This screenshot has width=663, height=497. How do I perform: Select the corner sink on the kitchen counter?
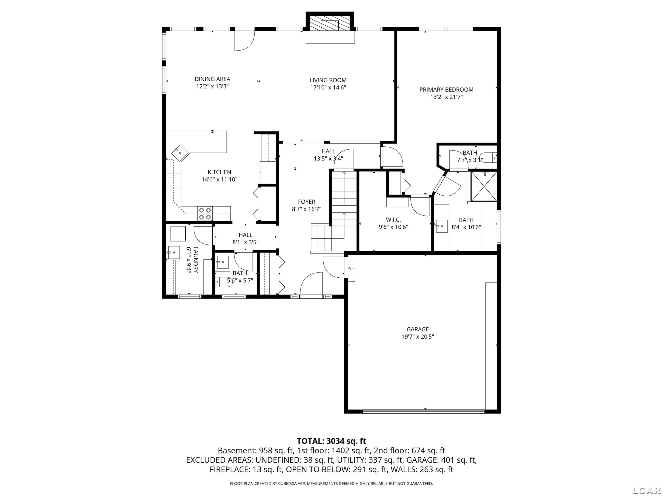pos(179,153)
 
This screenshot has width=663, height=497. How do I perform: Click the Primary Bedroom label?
pos(446,90)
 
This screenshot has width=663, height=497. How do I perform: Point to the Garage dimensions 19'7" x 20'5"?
pos(418,336)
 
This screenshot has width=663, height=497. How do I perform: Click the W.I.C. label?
pos(393,220)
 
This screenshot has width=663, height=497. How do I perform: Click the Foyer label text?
pos(307,202)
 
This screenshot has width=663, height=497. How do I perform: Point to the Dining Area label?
pos(213,79)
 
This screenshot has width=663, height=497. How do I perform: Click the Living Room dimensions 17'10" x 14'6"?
pos(328,87)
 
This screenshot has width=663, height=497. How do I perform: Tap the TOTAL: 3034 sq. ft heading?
pos(331,441)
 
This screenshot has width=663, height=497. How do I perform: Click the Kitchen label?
pos(219,172)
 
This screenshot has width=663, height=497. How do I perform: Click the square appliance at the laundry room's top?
pos(178,234)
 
